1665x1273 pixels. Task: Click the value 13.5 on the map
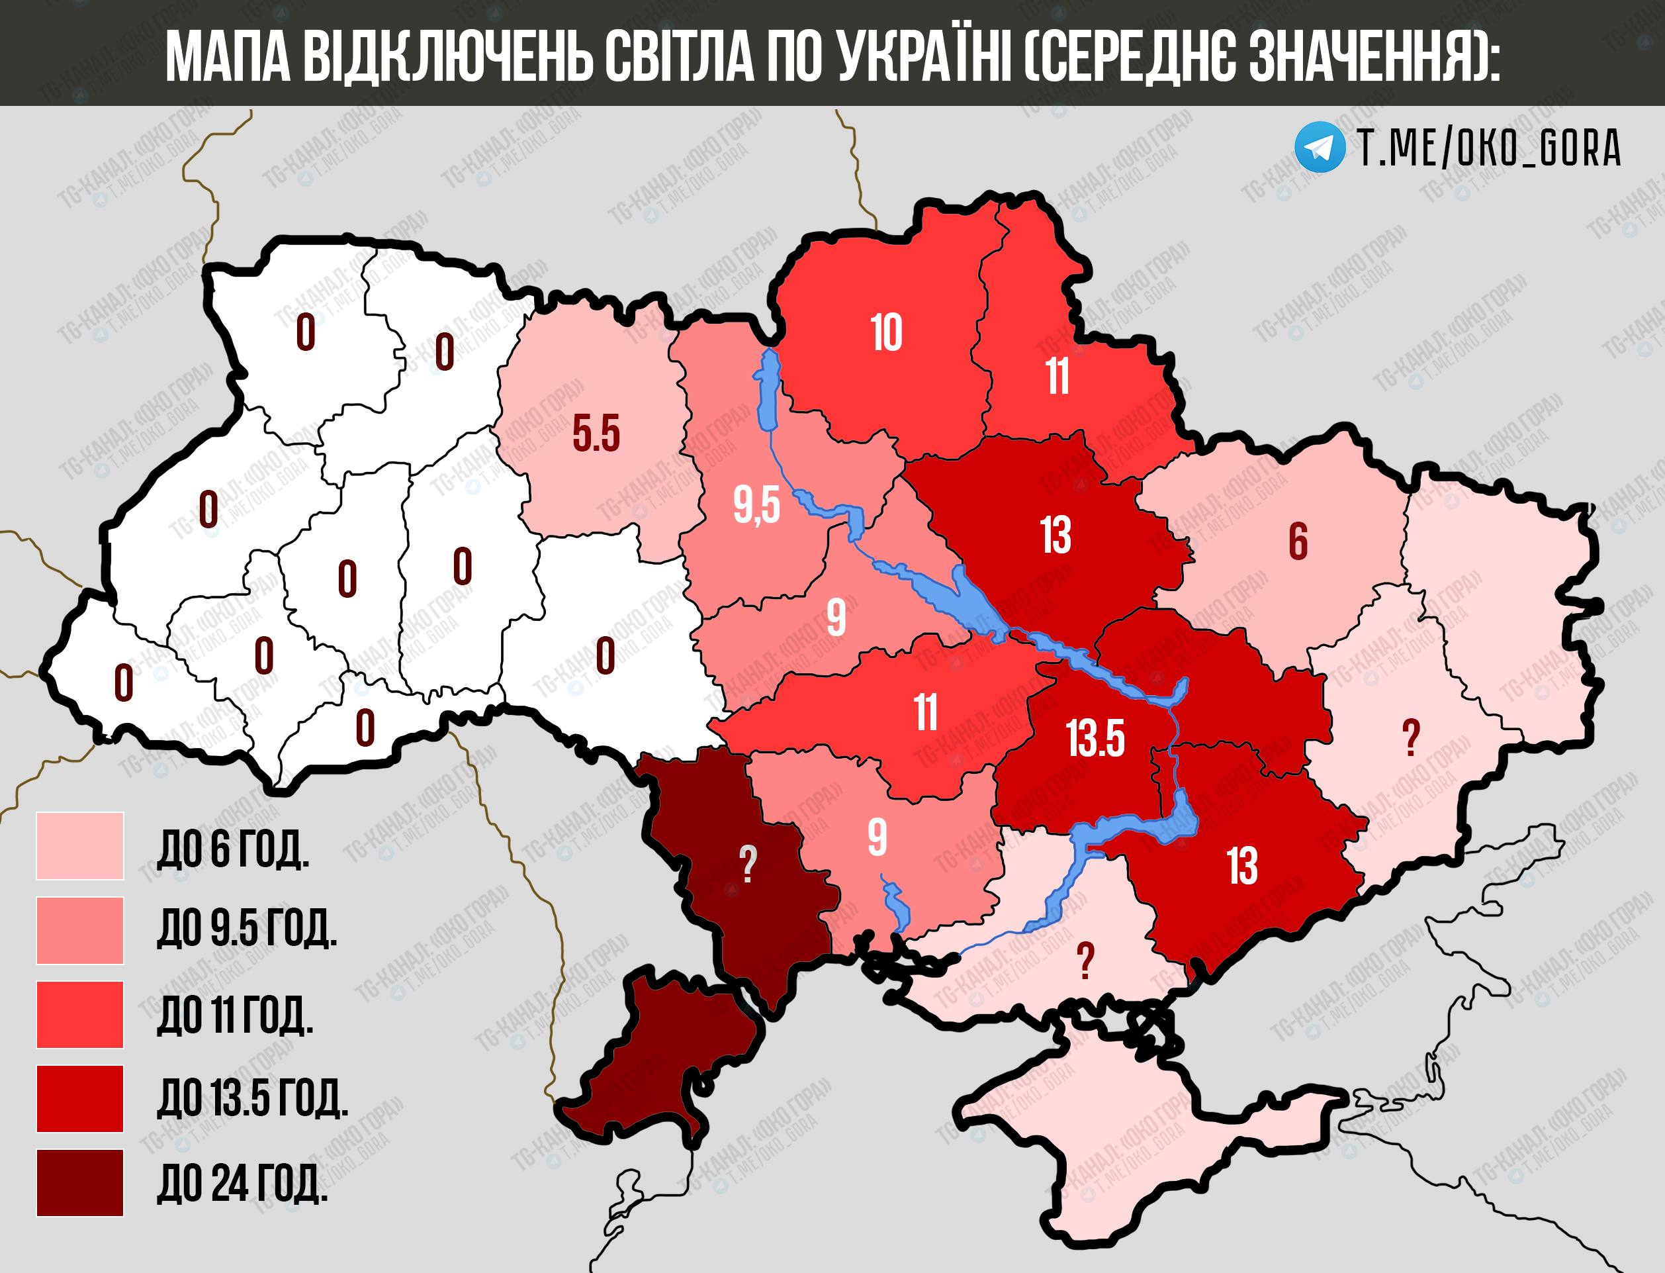(1095, 739)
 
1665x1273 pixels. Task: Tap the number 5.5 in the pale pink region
(596, 434)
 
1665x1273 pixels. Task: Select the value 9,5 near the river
(756, 506)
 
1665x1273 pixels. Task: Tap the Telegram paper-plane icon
(1319, 147)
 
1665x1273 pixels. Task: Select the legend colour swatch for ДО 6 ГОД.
(79, 845)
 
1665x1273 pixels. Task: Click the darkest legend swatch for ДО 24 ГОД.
(79, 1183)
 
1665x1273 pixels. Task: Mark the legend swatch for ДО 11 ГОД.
(79, 1015)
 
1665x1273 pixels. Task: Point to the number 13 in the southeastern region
(1242, 865)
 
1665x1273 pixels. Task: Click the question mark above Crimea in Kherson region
(1085, 961)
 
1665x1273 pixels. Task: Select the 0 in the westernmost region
(124, 683)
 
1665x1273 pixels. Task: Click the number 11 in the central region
(925, 712)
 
